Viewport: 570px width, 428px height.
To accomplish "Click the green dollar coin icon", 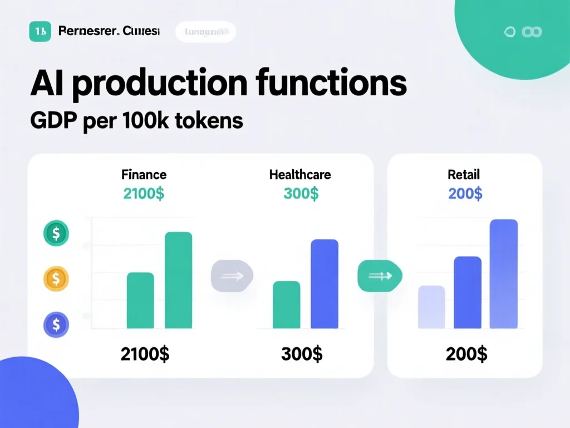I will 56,233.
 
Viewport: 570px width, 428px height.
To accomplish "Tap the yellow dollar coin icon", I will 56,277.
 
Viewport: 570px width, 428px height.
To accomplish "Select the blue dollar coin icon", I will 56,324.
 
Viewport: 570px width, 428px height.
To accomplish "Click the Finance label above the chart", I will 144,174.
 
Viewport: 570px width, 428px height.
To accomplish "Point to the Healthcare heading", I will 300,174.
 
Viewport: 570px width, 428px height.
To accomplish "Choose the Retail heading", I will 464,174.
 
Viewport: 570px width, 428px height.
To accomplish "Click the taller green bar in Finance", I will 179,280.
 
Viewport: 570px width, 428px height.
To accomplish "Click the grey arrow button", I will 232,275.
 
